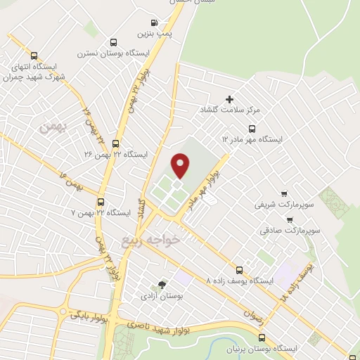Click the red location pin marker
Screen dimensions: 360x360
181,165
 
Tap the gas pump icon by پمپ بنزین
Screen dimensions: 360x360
143,32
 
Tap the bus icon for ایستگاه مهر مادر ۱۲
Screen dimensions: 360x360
252,128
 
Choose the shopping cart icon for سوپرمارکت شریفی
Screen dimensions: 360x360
283,193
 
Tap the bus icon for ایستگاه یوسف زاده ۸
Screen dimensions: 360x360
240,269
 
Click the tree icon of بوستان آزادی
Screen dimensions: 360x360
163,285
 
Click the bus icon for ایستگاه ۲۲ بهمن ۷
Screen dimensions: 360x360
101,201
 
